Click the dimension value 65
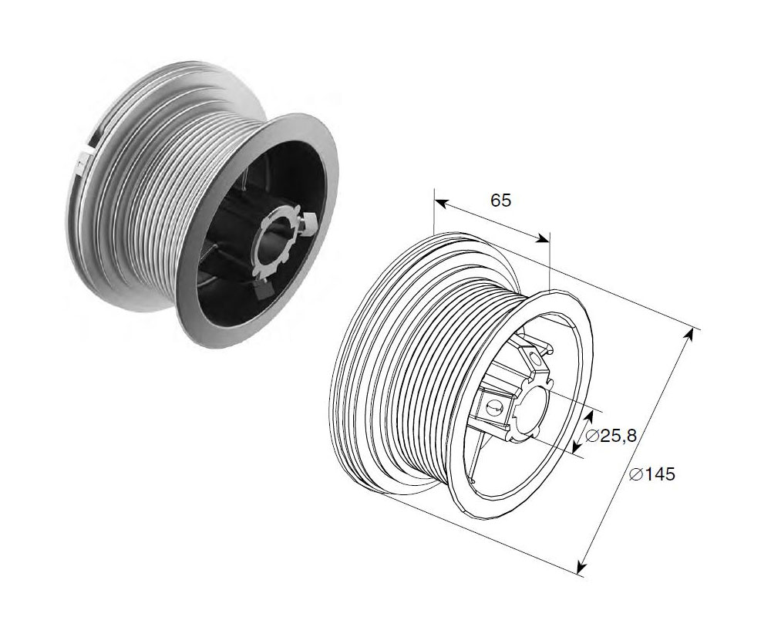(x=501, y=201)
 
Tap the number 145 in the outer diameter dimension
(x=661, y=474)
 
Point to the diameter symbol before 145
(x=636, y=474)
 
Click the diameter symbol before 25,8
(x=592, y=436)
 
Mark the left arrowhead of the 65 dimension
(x=440, y=202)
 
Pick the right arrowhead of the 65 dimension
(x=542, y=238)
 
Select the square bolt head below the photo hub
(x=264, y=290)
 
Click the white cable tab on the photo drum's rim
(x=82, y=163)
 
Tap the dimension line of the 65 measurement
(x=491, y=220)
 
